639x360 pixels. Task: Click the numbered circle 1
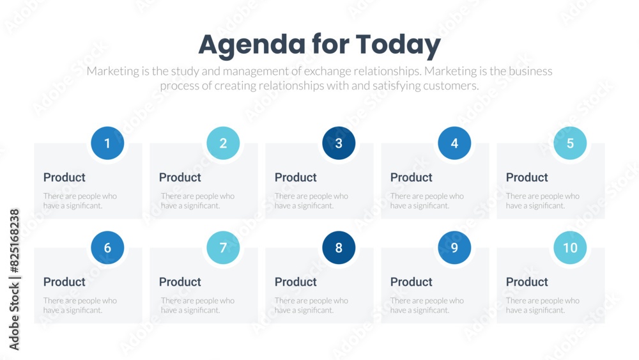(107, 143)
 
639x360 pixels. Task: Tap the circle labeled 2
(223, 143)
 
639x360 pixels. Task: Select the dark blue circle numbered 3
(339, 143)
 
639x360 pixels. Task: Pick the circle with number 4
(454, 143)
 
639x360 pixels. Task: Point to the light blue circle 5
(570, 143)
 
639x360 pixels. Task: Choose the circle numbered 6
(107, 247)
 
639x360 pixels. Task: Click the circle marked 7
(223, 247)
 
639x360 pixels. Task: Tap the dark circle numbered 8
(339, 247)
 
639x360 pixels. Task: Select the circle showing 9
(454, 247)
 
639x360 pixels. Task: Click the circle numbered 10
(570, 247)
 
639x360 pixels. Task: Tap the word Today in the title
(398, 45)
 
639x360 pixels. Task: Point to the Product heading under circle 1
(64, 178)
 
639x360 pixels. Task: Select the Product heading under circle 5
(527, 178)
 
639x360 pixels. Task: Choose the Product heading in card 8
(295, 282)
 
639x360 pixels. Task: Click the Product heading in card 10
(527, 282)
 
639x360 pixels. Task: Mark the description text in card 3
(311, 201)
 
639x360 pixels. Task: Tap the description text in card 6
(80, 305)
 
